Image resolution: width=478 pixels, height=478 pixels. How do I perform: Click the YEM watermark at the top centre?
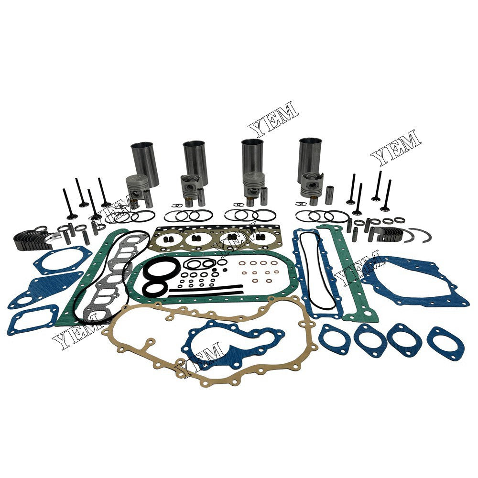click(273, 116)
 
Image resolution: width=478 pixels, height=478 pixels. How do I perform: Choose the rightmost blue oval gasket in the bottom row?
click(445, 343)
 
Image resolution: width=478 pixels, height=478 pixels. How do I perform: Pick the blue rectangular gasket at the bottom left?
click(33, 318)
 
